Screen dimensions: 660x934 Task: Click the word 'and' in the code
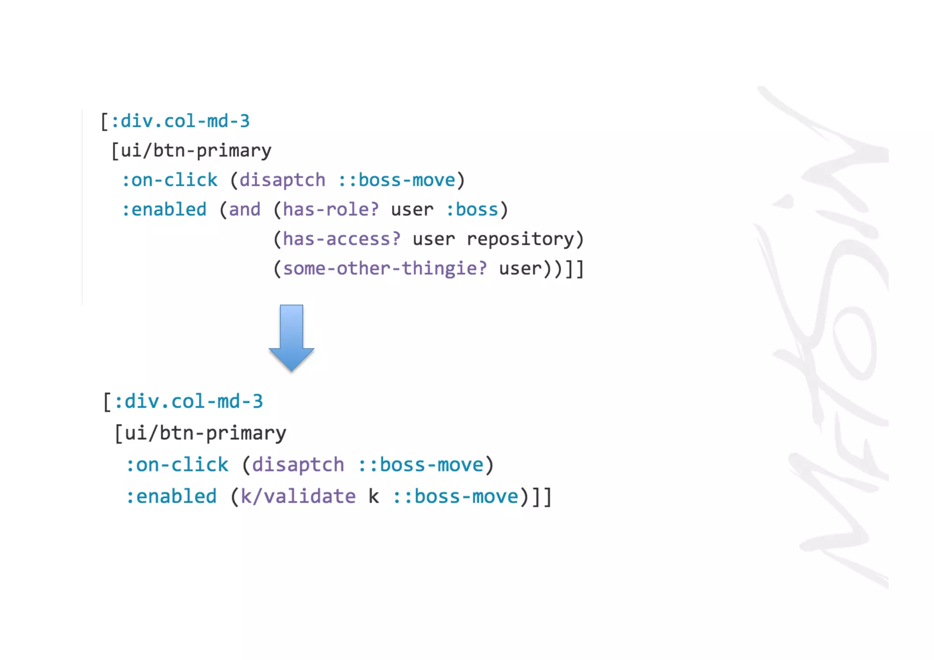(244, 210)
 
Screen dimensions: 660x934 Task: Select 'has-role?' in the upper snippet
(331, 210)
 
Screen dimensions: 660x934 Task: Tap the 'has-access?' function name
(342, 239)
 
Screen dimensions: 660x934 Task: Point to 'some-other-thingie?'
(385, 269)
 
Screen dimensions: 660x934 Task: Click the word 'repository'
(520, 239)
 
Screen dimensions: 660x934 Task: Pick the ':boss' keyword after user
(472, 210)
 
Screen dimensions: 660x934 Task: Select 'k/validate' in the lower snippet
(298, 497)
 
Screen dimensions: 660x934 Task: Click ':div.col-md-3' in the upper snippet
(180, 121)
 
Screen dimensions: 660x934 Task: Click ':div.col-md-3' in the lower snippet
(188, 402)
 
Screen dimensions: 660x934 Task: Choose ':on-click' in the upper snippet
(170, 180)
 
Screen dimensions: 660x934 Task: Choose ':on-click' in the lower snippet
(177, 465)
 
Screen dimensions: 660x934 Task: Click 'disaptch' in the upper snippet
(282, 180)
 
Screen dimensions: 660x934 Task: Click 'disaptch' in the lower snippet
(298, 465)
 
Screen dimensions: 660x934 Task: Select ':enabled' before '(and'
(164, 210)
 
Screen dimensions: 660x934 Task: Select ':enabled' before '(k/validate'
(171, 497)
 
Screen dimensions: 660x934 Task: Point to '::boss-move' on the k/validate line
(456, 497)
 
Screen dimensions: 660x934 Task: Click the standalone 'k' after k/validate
(374, 497)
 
